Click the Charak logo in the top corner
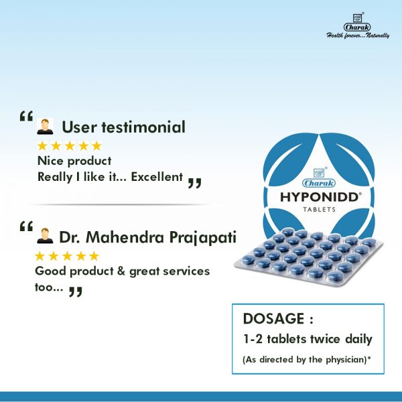357,23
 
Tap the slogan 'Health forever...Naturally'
358,35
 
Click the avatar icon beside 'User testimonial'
45,127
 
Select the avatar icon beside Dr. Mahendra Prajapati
45,236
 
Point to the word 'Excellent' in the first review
157,177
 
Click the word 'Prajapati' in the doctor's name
202,237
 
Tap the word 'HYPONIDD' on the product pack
320,198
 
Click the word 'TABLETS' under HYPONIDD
319,210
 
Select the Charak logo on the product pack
319,178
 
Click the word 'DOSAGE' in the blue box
273,319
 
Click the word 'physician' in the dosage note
346,359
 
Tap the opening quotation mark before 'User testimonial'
26,116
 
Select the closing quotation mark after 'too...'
76,291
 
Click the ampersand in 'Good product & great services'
121,271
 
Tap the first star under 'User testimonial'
42,146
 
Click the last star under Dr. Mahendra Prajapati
94,256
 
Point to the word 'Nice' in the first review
50,161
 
